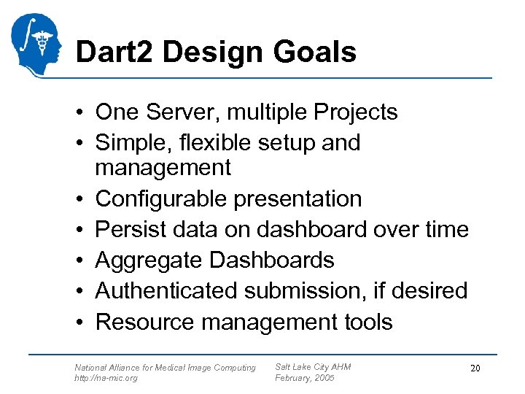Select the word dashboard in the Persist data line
point(312,229)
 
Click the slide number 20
point(475,369)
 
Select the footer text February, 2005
point(305,378)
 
